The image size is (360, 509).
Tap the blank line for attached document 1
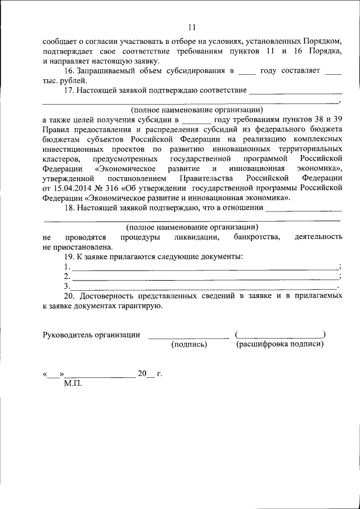205,268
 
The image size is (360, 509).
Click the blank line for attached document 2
205,277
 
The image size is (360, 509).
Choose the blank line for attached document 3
205,287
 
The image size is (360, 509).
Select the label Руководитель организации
92,335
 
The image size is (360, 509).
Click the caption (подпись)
190,345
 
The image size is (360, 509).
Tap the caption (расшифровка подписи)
280,345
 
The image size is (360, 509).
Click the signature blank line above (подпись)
188,337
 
